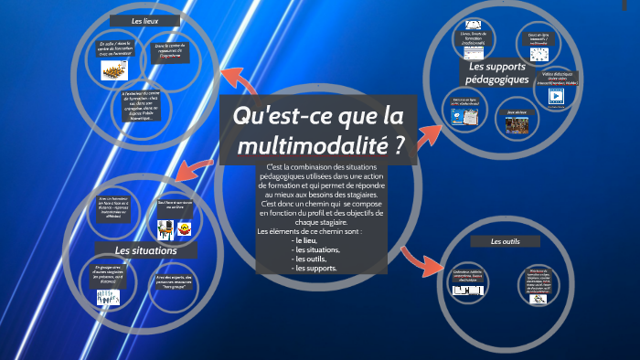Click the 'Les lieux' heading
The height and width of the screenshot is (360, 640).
click(x=144, y=20)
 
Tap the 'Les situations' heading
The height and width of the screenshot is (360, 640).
click(x=136, y=249)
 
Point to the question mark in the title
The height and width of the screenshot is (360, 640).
click(x=399, y=144)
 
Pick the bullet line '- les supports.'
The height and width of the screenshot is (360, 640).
click(x=315, y=269)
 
